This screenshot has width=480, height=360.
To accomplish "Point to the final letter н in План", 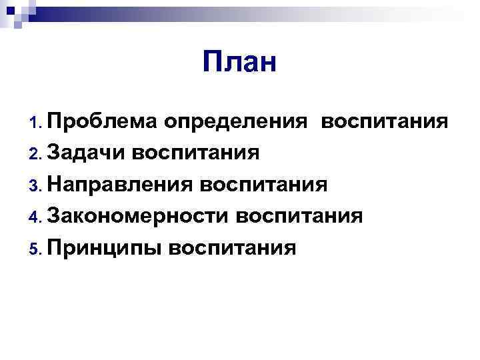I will (x=267, y=66).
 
